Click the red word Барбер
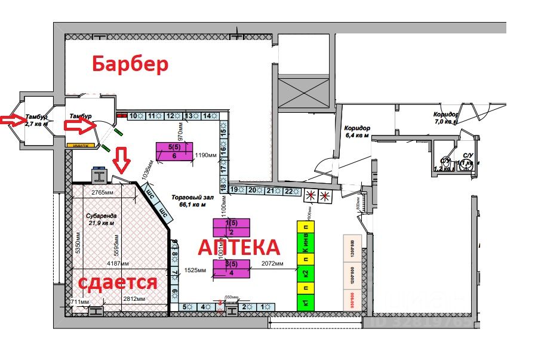pos(129,64)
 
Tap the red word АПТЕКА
pos(238,247)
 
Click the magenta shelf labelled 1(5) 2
pos(231,227)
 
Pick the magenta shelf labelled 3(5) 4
pos(231,269)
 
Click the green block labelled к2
pos(305,274)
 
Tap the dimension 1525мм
pos(195,270)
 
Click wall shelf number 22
pos(289,190)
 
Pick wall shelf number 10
pos(134,116)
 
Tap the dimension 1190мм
pos(205,155)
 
